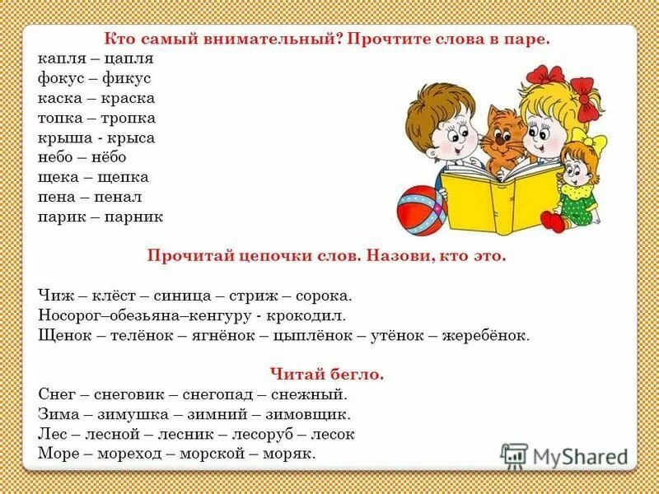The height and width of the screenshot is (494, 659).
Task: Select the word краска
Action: tap(128, 98)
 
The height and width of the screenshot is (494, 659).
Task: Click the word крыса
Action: tap(130, 137)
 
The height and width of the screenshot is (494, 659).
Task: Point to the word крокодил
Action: tap(312, 315)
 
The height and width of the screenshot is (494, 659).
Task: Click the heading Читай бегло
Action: tap(327, 375)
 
